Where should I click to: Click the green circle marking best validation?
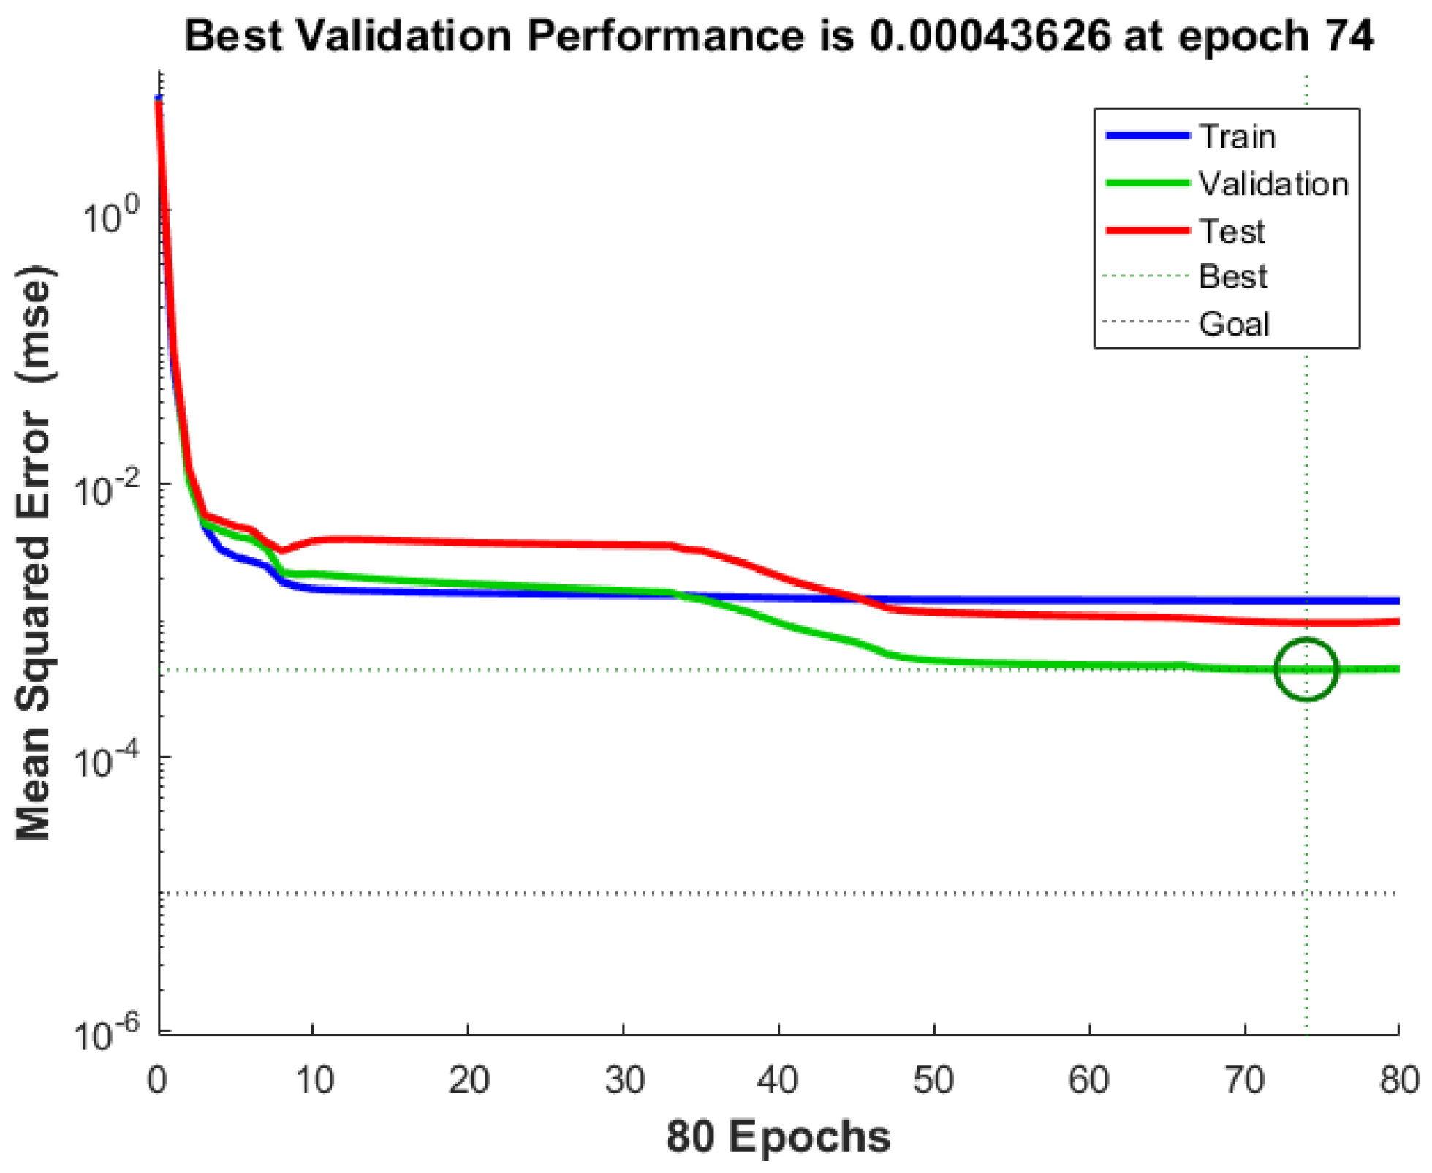(1306, 668)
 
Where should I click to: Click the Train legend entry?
(1237, 137)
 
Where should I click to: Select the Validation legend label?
(1273, 184)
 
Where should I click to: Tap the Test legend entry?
(1232, 230)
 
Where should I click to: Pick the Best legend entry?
(1232, 276)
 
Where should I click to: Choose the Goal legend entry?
(1234, 323)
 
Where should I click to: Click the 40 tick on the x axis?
(778, 1079)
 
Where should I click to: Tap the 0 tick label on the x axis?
(157, 1079)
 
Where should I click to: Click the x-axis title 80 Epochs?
(778, 1137)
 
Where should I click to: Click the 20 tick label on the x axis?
(468, 1079)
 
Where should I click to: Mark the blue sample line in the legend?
(1148, 136)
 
